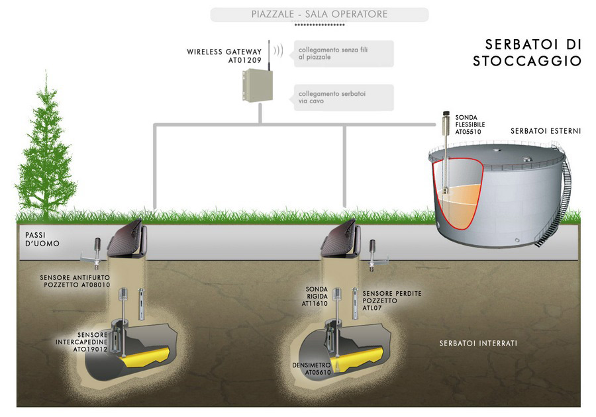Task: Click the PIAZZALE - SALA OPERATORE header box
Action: (x=319, y=15)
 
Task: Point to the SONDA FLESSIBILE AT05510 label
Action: (x=469, y=124)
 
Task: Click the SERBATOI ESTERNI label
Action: (x=545, y=131)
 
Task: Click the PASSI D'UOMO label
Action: (x=42, y=240)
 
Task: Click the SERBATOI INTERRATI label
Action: (x=477, y=344)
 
